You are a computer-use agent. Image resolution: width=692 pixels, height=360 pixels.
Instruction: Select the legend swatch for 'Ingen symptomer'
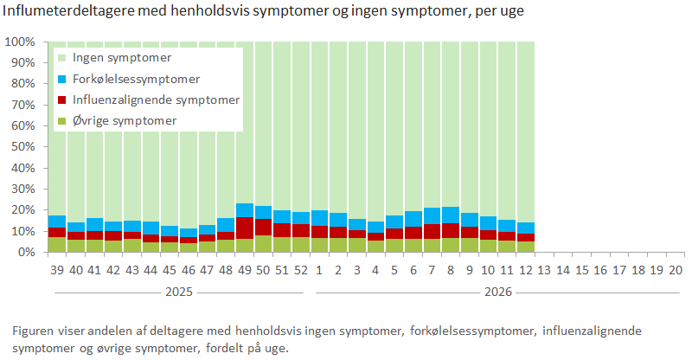click(61, 58)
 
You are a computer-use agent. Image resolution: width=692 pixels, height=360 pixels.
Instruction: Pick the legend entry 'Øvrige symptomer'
click(125, 120)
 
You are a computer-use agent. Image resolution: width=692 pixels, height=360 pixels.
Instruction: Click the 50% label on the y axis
click(22, 147)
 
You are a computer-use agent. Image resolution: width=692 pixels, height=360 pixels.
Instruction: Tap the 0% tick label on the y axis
click(25, 252)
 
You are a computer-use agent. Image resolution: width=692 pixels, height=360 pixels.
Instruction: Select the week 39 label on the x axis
click(56, 270)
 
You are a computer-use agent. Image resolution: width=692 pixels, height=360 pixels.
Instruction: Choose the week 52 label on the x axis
click(301, 270)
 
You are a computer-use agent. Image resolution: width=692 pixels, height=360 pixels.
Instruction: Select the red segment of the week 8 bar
click(452, 230)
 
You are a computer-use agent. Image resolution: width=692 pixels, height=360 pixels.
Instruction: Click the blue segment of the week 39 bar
click(56, 222)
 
